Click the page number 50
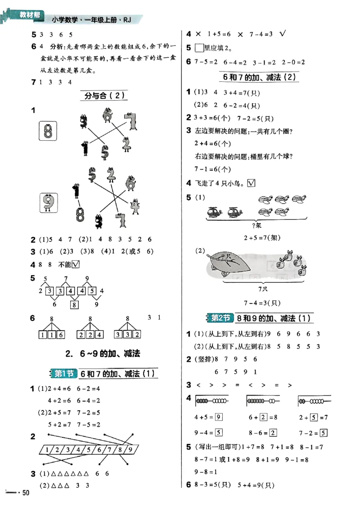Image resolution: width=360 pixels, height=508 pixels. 26,493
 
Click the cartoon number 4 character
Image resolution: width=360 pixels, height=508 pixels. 134,207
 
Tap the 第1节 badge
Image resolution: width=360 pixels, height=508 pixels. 63,373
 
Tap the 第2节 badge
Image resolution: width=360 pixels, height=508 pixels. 220,318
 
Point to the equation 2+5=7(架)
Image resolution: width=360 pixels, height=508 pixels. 257,237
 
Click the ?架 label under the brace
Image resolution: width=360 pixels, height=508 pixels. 257,225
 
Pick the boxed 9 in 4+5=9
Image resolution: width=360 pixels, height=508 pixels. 219,417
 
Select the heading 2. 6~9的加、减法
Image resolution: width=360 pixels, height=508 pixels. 103,353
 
